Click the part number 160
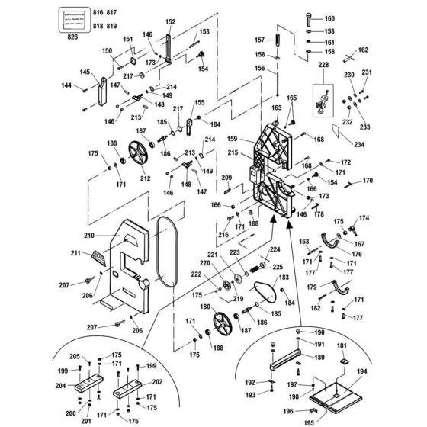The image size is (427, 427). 329,18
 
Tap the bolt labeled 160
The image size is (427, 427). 309,18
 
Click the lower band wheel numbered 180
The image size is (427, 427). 223,324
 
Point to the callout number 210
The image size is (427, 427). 89,236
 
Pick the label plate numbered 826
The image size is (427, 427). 75,20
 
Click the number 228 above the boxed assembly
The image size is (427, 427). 323,65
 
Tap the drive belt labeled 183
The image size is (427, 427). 265,293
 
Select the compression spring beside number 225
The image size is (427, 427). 254,268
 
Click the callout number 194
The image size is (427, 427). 362,371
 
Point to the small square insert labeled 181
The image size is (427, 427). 344,361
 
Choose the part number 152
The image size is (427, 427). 171,22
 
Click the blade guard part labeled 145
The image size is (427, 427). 102,91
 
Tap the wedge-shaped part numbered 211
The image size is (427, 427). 99,258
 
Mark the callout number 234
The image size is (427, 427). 359,144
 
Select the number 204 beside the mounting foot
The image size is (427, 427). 60,386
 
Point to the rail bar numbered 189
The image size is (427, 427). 285,359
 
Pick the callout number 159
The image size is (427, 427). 232,139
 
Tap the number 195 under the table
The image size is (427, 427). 309,423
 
